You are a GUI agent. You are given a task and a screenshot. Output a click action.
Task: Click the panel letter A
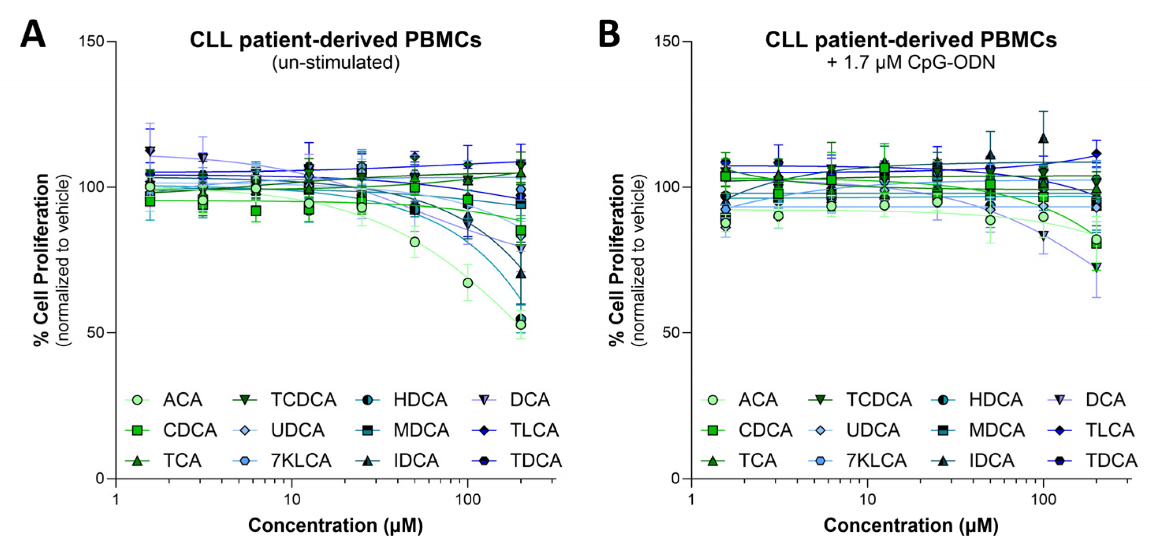tap(33, 35)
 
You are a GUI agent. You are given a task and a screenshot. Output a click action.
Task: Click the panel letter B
tap(609, 35)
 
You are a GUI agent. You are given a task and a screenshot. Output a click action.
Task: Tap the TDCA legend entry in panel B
tap(1111, 460)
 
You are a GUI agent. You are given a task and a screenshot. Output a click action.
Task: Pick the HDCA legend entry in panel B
tap(995, 399)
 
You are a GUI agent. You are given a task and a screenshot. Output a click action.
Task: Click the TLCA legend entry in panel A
tap(534, 430)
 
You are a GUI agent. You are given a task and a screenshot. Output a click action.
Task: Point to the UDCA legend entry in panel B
tap(873, 430)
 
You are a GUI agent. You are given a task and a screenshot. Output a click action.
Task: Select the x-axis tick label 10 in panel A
tap(292, 499)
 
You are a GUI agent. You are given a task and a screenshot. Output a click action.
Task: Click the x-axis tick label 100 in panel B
tap(1043, 499)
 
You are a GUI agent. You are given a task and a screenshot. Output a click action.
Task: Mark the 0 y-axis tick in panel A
tap(100, 479)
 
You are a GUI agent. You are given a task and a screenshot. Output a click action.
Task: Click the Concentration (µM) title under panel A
tap(335, 525)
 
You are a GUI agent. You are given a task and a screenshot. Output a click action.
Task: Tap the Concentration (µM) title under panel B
tap(911, 525)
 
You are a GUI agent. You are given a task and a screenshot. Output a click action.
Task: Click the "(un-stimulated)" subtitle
tap(335, 63)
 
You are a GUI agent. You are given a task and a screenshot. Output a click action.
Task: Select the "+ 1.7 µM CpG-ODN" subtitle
tap(911, 63)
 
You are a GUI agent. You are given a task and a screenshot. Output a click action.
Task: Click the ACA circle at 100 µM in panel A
tap(468, 283)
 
